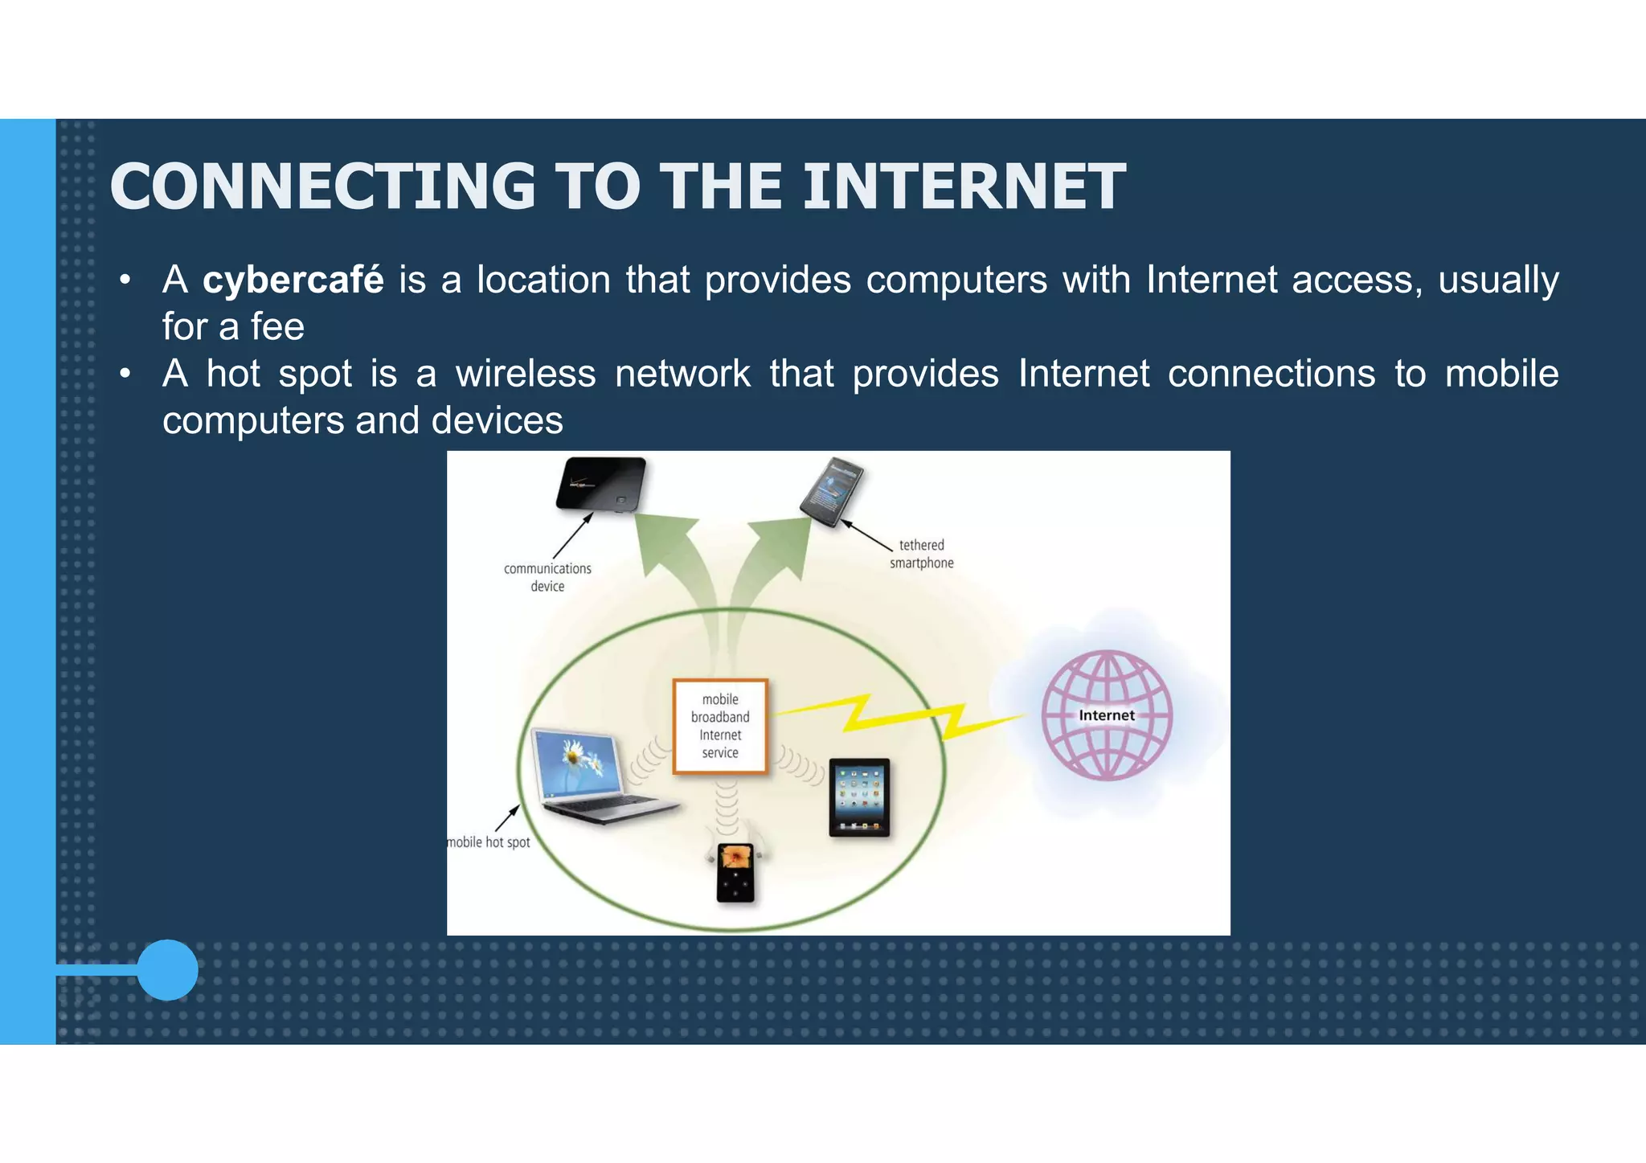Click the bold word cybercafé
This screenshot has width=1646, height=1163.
293,281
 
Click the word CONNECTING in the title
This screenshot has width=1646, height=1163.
322,186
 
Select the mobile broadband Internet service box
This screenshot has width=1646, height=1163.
720,726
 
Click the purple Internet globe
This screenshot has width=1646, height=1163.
1107,715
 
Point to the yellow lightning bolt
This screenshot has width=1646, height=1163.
900,715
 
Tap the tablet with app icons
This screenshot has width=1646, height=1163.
859,796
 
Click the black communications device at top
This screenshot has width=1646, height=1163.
601,485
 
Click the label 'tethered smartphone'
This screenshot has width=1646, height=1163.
921,554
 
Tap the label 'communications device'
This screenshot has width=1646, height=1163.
547,577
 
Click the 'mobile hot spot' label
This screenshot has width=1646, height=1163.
489,842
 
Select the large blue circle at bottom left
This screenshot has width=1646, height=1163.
167,969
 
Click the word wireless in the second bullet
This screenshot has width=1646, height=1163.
525,374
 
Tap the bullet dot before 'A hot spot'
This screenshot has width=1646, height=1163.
125,374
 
